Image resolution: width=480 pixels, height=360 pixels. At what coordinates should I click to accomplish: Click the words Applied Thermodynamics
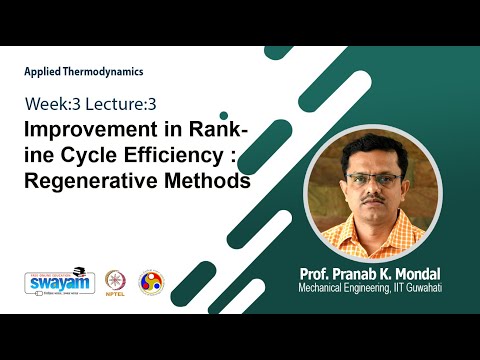[x=84, y=72]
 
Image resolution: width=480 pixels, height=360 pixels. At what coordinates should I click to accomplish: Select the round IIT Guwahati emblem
[x=150, y=281]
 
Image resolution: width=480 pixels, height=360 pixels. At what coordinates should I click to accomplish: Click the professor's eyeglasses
[x=373, y=179]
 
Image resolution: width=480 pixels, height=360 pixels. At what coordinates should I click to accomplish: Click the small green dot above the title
[x=224, y=115]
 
